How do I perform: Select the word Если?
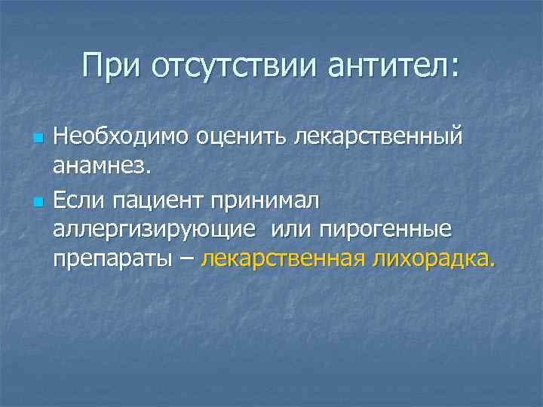coord(79,201)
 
